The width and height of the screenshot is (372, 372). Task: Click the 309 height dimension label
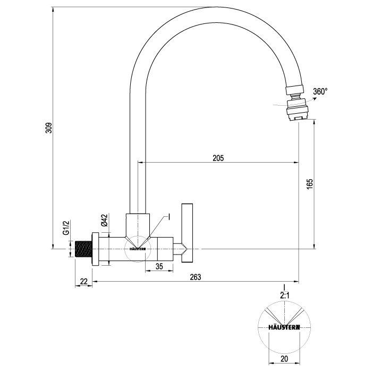coord(49,128)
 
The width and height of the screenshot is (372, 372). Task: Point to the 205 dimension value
coord(218,158)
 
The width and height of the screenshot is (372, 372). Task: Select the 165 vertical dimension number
coord(310,184)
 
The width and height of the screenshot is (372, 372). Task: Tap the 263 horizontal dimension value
coord(196,277)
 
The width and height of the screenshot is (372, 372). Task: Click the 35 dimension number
coord(159,266)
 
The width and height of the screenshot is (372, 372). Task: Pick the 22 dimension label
coord(84,282)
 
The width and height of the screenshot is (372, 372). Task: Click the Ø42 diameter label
coord(104,220)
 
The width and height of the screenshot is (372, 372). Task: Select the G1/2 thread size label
coord(66,228)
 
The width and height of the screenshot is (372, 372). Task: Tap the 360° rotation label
coord(320,91)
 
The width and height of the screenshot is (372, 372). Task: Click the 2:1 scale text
coord(284,295)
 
